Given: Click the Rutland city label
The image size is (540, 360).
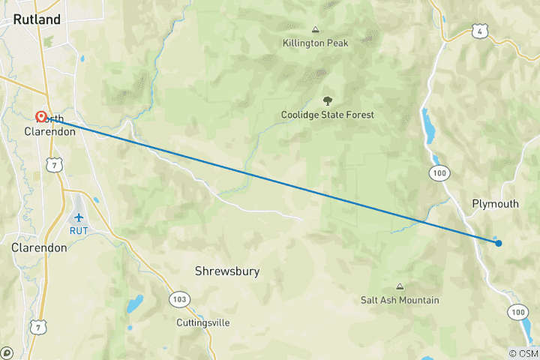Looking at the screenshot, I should [37, 20].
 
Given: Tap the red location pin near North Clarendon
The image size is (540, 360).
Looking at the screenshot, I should [41, 117].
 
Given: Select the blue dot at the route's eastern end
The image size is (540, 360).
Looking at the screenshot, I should [498, 242].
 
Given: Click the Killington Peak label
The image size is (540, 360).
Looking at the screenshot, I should [314, 43].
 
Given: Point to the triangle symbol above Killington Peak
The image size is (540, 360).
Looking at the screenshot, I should [315, 30].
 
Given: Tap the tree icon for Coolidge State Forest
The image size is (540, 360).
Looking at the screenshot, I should [327, 100].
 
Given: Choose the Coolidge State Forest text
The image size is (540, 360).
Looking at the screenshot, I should [327, 115].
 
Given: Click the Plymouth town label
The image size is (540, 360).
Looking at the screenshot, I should [495, 204].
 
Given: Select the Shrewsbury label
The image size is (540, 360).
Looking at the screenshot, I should [227, 271].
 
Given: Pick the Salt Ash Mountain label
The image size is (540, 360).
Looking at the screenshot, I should [400, 300].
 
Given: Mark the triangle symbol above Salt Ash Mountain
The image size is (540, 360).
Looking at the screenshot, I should [400, 286].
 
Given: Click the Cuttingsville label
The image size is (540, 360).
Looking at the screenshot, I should [203, 322].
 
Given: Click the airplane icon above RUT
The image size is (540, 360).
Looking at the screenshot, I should [79, 217].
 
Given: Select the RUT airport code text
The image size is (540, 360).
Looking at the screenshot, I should [79, 230].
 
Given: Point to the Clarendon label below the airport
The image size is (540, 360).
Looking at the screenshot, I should [39, 247].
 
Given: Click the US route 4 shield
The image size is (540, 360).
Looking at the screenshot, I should [481, 30].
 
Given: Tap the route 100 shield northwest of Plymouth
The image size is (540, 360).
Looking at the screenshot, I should [439, 173].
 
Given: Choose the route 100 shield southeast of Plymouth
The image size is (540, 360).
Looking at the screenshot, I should [517, 311].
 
